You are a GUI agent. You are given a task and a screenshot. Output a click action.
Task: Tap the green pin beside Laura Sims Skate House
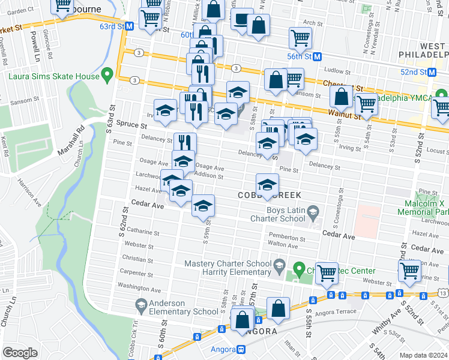[107, 75]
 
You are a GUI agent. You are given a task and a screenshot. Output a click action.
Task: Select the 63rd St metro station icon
[129, 26]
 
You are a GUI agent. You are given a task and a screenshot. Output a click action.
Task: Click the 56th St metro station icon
[318, 56]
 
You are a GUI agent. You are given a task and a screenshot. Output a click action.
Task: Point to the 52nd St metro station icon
[432, 72]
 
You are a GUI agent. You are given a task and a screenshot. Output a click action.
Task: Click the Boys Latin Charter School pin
[313, 211]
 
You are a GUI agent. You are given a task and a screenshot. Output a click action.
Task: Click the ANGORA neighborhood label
[255, 331]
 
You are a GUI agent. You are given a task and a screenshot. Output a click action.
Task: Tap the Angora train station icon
[241, 349]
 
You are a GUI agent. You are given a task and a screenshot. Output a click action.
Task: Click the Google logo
[20, 353]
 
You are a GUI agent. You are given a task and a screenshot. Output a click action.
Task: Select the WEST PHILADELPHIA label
[424, 50]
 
